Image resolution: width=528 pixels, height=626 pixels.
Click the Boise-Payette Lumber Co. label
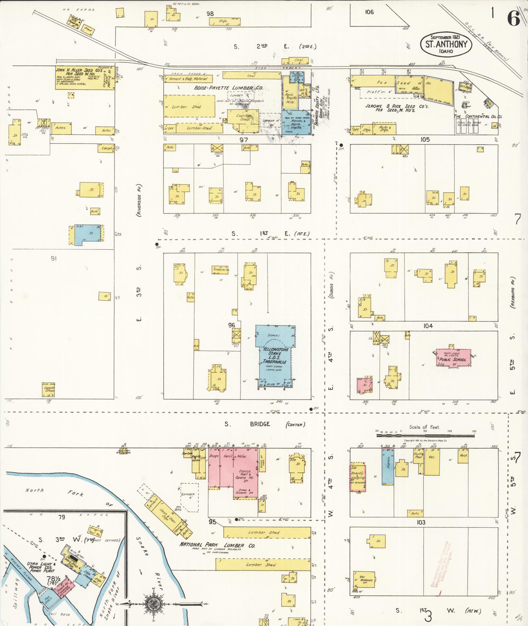click(228, 88)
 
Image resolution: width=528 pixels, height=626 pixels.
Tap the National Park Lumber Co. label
click(217, 545)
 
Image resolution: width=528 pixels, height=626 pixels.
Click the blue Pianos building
click(388, 467)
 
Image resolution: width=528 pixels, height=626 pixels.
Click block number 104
click(428, 326)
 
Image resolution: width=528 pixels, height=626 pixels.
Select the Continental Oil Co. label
click(478, 116)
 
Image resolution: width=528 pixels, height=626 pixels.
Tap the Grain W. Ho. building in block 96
click(220, 270)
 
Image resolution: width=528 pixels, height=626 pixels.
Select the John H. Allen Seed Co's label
click(79, 70)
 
